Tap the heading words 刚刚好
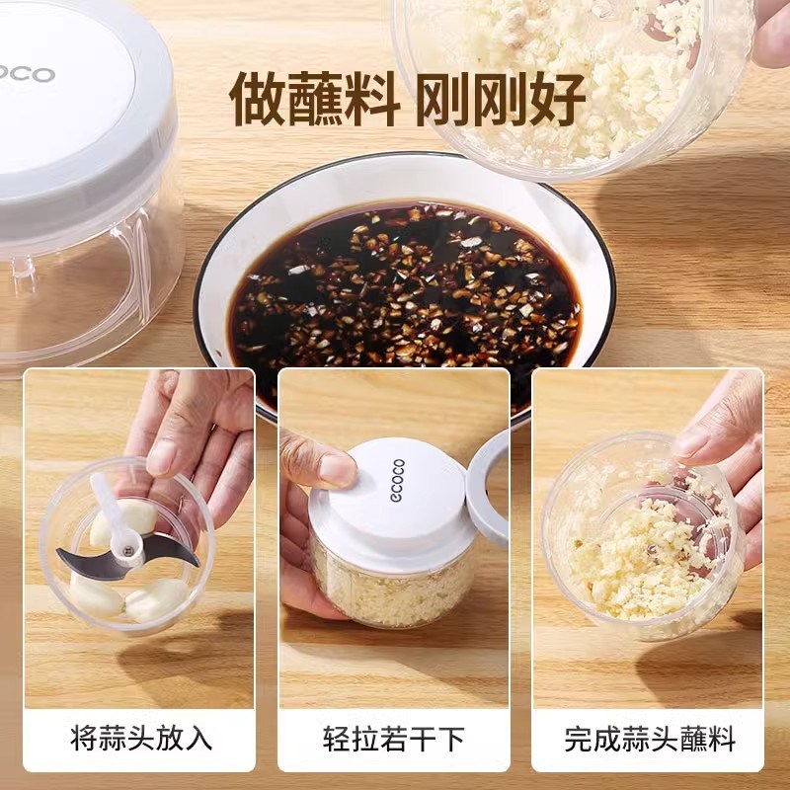pos(501,96)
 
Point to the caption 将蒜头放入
pos(141,738)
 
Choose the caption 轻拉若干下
pos(394,738)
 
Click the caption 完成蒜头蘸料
pos(650,738)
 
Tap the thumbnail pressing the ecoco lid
pos(336,469)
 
